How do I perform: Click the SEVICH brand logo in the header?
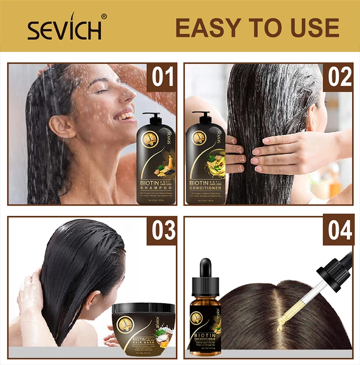[64, 30]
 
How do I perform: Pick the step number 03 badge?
[162, 231]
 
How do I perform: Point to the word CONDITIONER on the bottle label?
[205, 188]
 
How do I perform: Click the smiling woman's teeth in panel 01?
[127, 116]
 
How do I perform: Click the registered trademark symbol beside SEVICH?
[104, 16]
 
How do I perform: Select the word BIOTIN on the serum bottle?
[205, 332]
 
